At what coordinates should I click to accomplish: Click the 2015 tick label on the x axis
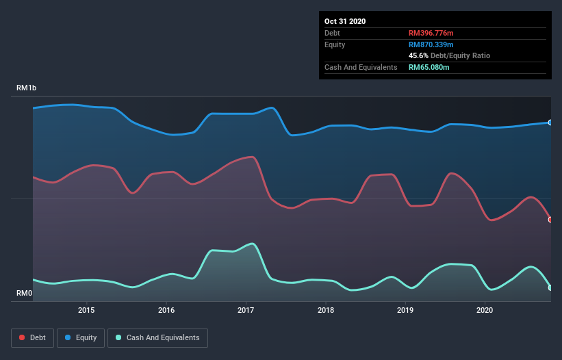[86, 310]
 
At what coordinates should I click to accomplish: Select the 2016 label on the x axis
[166, 310]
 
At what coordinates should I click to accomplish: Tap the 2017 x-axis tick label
[246, 310]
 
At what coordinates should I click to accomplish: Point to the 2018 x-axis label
[326, 310]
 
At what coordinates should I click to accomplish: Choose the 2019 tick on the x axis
[405, 310]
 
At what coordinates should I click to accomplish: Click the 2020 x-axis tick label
[485, 310]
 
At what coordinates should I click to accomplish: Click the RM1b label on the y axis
[27, 88]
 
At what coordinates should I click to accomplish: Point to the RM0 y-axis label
[25, 294]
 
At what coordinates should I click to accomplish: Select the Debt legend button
[32, 337]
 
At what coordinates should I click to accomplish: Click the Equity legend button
[81, 337]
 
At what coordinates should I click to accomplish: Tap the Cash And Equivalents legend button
[157, 337]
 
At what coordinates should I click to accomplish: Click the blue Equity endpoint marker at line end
[550, 123]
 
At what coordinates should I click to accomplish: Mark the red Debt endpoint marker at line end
[550, 220]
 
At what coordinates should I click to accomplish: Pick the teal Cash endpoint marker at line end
[550, 287]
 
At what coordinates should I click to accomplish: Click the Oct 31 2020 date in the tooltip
[345, 21]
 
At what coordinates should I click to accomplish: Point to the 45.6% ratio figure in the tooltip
[418, 55]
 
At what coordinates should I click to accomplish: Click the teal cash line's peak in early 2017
[253, 244]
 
